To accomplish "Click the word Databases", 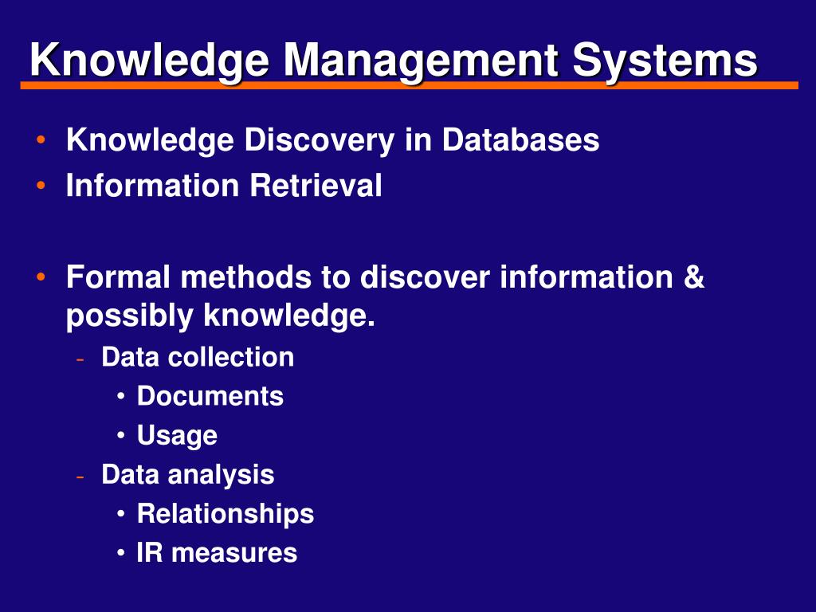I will click(x=521, y=140).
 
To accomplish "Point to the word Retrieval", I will click(x=316, y=186).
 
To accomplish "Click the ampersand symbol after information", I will click(x=693, y=278).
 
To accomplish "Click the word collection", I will click(x=231, y=357).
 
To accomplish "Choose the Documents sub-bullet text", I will click(x=210, y=396).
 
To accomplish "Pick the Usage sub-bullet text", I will click(x=177, y=436).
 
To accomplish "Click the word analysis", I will click(x=222, y=475).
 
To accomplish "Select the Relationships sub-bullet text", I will click(x=226, y=514).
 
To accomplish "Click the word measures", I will click(x=234, y=553).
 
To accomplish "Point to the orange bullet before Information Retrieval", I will click(x=40, y=186).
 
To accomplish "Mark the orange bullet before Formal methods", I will click(x=40, y=278).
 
